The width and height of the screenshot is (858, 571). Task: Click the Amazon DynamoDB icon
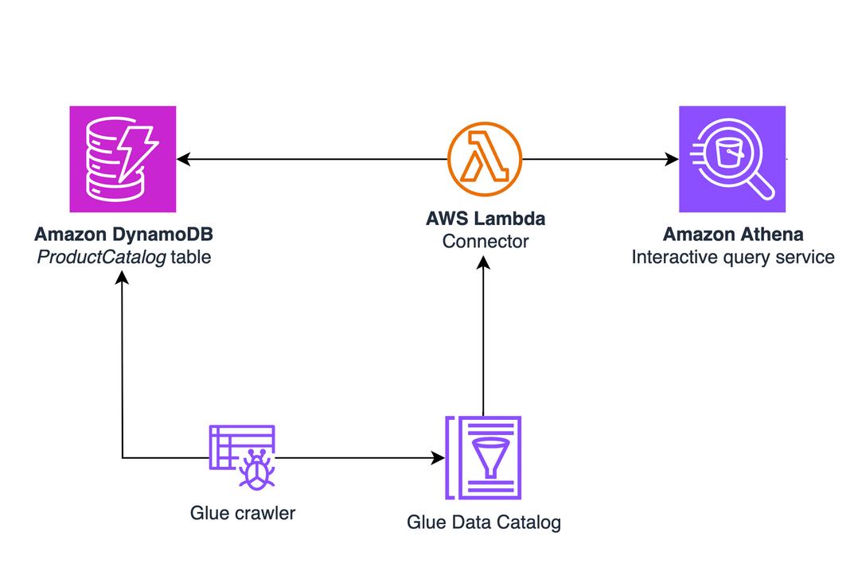click(123, 159)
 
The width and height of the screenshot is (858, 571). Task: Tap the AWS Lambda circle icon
click(484, 159)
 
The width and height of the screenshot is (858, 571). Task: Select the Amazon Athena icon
click(732, 159)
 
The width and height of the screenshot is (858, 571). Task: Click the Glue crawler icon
click(243, 457)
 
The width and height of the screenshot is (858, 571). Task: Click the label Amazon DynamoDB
click(123, 235)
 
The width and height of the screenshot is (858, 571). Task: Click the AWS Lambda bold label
click(486, 219)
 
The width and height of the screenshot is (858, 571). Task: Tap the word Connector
click(486, 241)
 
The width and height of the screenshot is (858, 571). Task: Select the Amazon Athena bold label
click(733, 235)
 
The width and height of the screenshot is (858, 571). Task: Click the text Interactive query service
click(733, 257)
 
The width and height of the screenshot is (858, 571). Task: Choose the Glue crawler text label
click(243, 513)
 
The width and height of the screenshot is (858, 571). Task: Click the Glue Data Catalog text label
click(484, 522)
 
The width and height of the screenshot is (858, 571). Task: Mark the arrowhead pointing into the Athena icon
click(672, 160)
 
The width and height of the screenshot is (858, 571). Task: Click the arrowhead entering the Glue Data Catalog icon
click(438, 458)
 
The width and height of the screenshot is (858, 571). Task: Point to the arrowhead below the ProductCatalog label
click(122, 277)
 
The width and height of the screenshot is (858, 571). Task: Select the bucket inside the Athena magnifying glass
click(728, 152)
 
